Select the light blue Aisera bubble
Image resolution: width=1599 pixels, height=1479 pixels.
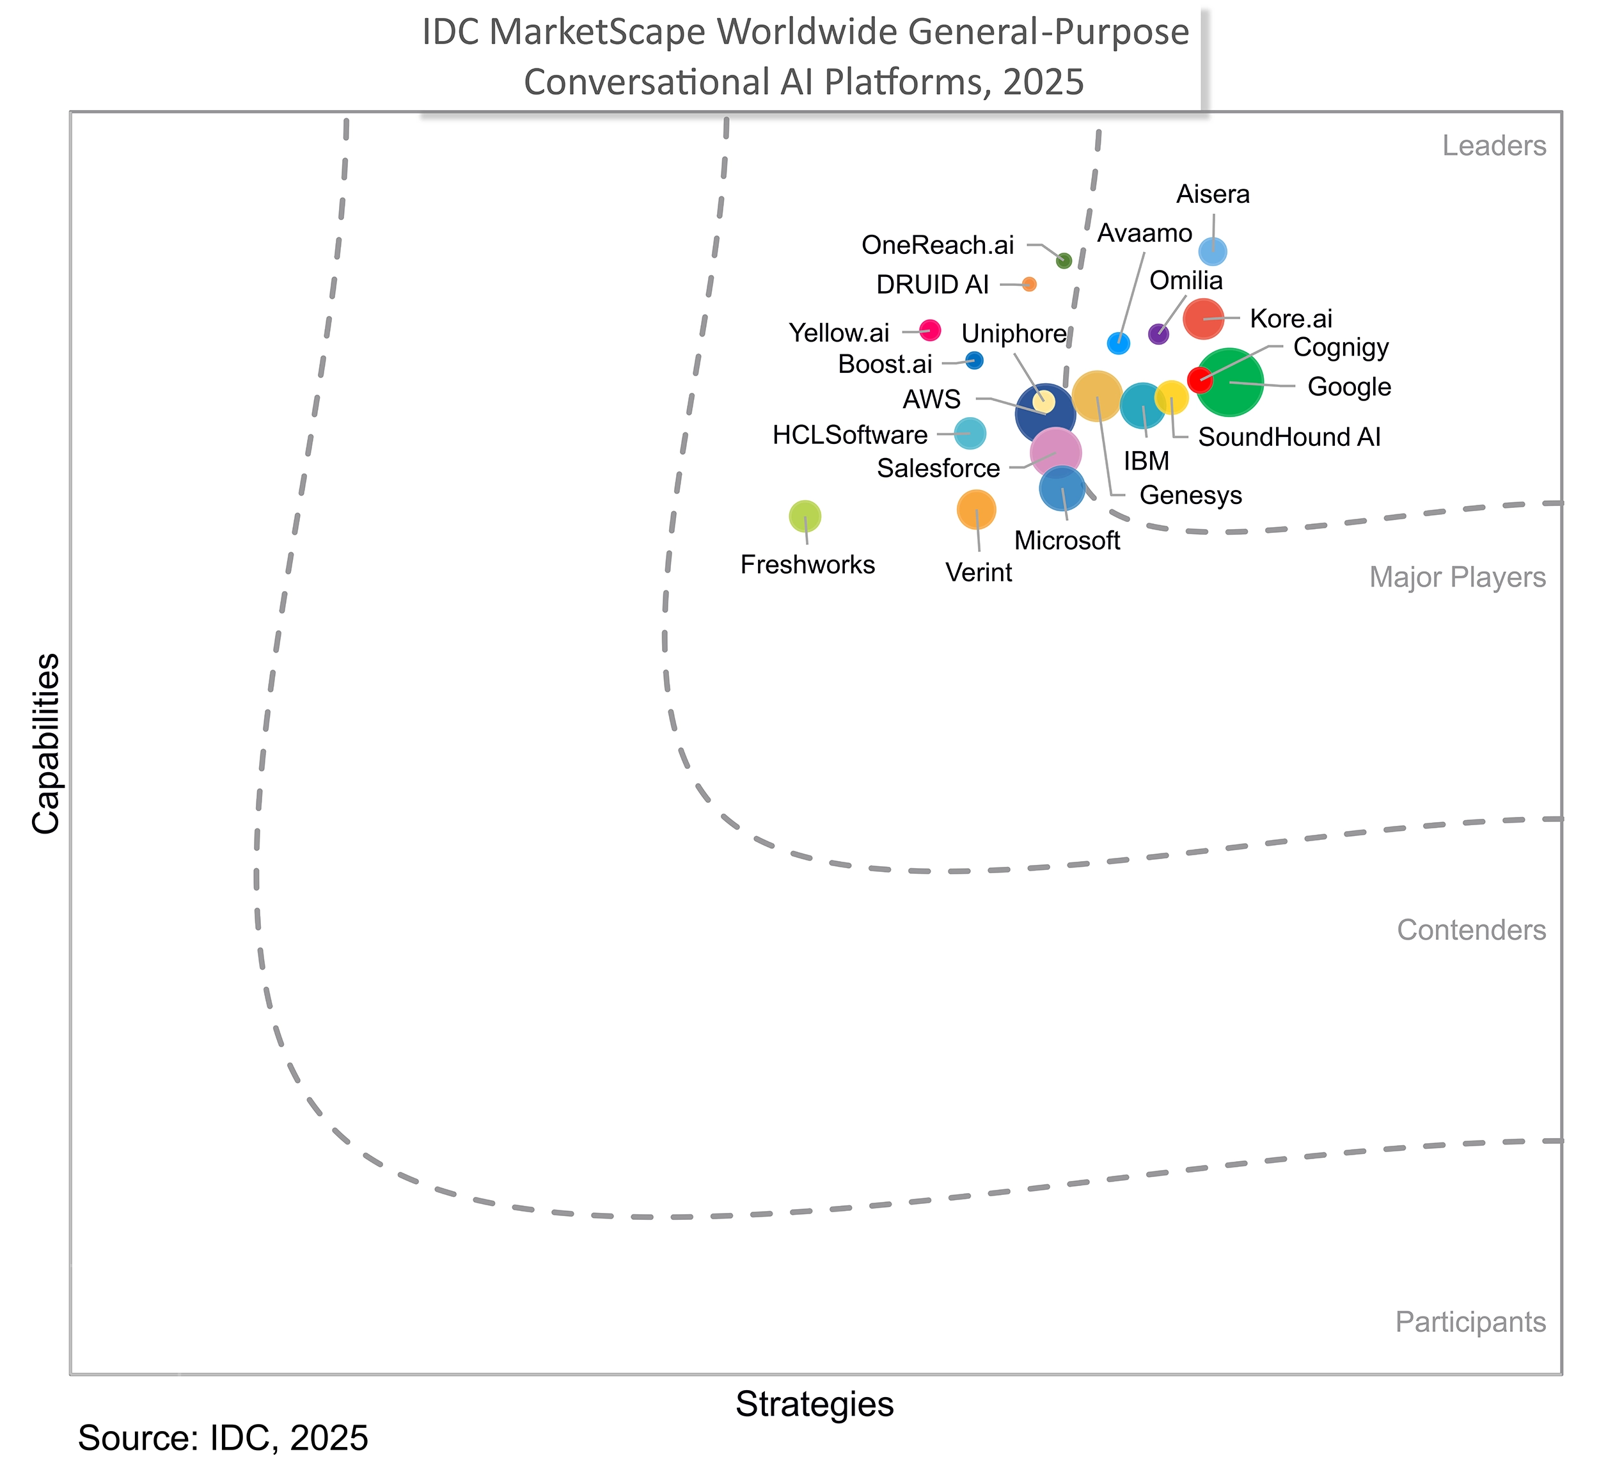[x=1213, y=251]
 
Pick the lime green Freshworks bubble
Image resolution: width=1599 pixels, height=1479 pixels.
[x=805, y=516]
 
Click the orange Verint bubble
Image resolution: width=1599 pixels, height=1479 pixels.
[x=975, y=509]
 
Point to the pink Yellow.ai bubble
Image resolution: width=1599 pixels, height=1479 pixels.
[x=929, y=329]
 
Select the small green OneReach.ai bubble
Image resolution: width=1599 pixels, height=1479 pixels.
[x=1064, y=260]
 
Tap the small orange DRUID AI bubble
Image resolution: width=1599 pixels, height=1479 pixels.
[x=1029, y=284]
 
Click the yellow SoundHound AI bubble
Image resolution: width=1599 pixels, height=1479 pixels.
[x=1171, y=398]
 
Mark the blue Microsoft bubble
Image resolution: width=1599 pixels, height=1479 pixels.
[x=1062, y=487]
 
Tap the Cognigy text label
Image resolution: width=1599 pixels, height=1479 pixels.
[x=1341, y=347]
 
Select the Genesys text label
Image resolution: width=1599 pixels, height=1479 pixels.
[x=1190, y=495]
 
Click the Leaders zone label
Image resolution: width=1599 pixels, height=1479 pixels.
[x=1493, y=146]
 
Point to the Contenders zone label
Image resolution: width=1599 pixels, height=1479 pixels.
[x=1471, y=930]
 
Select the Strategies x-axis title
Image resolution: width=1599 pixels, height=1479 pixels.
[x=814, y=1404]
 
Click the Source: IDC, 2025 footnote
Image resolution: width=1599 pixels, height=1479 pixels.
[x=223, y=1438]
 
